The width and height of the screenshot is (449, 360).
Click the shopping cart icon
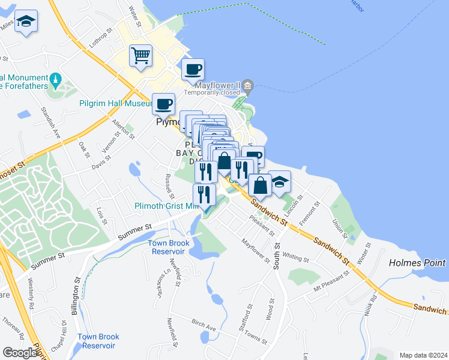click(141, 56)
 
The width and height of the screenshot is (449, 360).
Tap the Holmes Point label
click(417, 263)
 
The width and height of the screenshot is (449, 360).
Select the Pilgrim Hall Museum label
click(114, 103)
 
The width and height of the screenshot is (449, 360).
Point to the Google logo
click(20, 352)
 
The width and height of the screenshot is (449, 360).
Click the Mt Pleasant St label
click(327, 282)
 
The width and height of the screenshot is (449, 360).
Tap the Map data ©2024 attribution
click(423, 355)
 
